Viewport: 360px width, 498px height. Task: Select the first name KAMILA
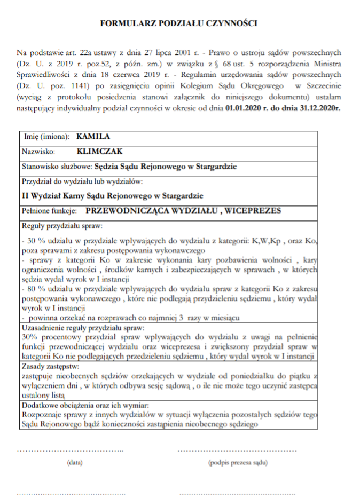coord(93,136)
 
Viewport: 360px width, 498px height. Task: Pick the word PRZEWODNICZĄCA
coord(127,210)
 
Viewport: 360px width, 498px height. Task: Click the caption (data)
coord(74,462)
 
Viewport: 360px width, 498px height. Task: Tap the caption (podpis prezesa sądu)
coord(238,462)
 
